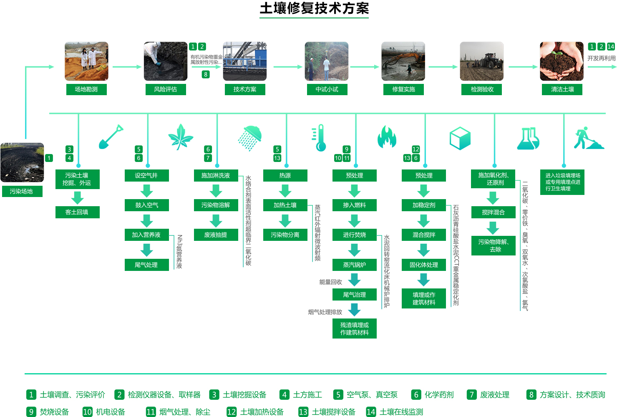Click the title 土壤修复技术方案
tap(314, 8)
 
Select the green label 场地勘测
tap(86, 89)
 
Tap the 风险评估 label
tap(166, 89)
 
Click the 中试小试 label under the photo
tap(327, 89)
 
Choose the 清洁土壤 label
tap(562, 89)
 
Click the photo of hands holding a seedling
tap(562, 61)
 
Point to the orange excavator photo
tap(403, 61)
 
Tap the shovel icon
tap(111, 137)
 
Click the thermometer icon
tap(319, 138)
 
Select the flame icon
tap(387, 137)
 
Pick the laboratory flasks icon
tap(528, 138)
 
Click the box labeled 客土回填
tap(77, 212)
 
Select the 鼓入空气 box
tap(147, 205)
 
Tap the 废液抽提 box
tap(216, 235)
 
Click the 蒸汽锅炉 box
tap(355, 265)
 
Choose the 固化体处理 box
tap(424, 265)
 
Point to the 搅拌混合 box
tap(494, 212)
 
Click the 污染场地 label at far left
tap(21, 191)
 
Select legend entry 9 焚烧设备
tap(48, 412)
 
